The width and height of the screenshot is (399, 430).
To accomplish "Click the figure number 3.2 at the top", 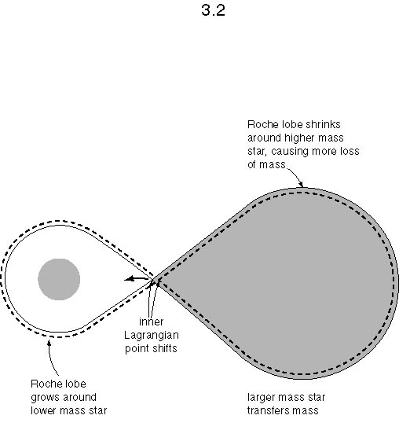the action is [213, 10].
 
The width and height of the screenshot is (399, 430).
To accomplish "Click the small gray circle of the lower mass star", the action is [59, 279].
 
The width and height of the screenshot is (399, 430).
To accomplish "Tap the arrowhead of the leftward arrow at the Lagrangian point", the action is [128, 279].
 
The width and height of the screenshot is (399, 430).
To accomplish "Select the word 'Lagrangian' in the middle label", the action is [152, 336].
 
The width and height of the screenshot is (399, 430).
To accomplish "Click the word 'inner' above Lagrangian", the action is [152, 322].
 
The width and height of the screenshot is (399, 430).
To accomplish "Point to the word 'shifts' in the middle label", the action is [164, 348].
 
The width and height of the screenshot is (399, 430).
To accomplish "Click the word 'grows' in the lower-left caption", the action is [43, 398].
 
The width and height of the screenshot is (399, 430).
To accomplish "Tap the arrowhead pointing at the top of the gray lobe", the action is [301, 184].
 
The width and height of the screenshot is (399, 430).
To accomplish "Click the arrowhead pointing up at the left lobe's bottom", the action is [49, 343].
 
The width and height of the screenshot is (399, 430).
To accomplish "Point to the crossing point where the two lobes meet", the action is [155, 279].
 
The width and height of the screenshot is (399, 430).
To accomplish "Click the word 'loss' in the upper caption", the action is [349, 152].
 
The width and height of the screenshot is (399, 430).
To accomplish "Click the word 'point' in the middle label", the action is [137, 349].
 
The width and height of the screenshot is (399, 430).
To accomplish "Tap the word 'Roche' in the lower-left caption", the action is [45, 384].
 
